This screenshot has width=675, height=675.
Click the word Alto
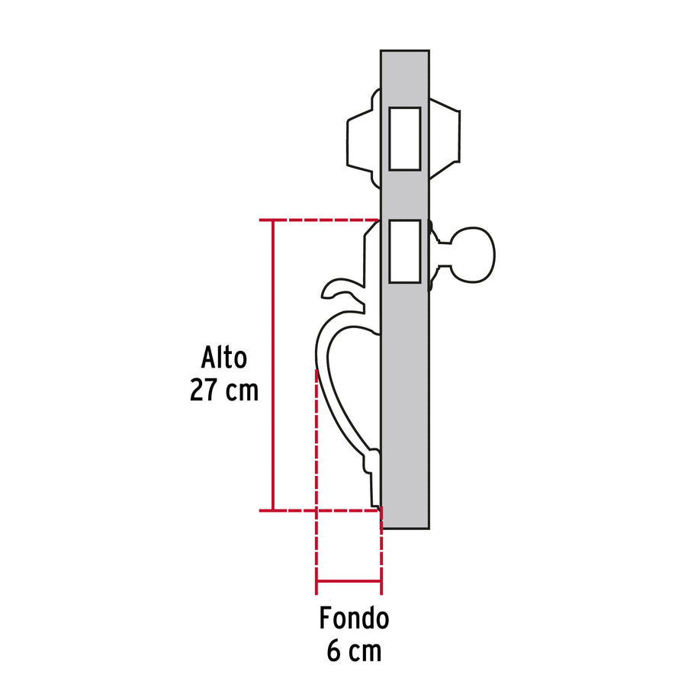225,358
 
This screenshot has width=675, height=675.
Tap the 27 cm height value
224,391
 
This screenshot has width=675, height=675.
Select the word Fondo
354,618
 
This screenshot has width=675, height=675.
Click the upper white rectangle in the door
404,138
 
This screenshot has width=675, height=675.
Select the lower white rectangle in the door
404,251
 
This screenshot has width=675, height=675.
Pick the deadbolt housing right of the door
445,137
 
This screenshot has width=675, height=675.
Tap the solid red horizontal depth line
349,582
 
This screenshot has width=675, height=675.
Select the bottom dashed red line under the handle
328,509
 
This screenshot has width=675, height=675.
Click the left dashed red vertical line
316,473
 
